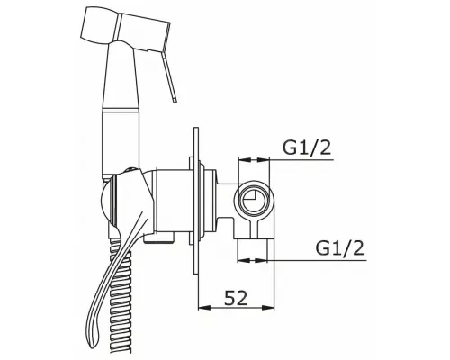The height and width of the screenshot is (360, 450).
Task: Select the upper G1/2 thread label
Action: [307, 148]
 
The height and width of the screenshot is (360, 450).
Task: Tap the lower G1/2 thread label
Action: [339, 247]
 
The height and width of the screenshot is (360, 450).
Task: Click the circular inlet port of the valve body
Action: [254, 200]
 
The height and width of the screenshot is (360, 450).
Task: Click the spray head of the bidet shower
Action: [126, 27]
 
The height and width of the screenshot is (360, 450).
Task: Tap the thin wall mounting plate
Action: [196, 201]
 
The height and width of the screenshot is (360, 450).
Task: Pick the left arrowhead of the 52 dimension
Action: [204, 307]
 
